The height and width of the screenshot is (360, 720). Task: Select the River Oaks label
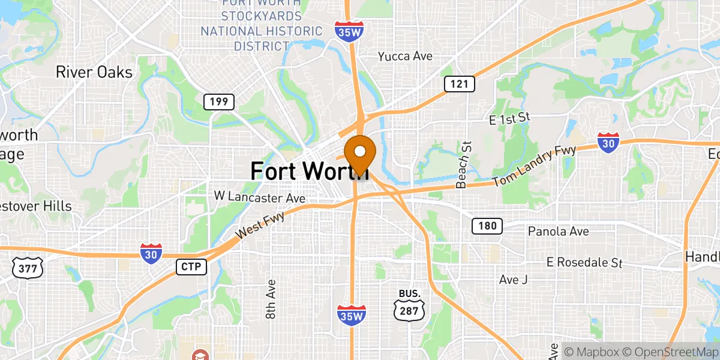(x=94, y=72)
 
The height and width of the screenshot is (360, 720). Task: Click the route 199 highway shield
(x=218, y=101)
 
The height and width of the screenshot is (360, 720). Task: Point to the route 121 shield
(x=459, y=84)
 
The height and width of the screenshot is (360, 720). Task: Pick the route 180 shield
(x=487, y=226)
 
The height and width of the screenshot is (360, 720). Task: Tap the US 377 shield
(x=28, y=268)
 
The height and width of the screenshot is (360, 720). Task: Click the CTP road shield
(x=191, y=266)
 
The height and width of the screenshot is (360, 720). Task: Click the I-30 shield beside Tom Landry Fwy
(x=608, y=142)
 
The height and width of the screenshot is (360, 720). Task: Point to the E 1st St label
(x=510, y=119)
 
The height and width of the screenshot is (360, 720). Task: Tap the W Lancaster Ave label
(x=260, y=197)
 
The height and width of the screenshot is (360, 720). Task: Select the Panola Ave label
(x=558, y=231)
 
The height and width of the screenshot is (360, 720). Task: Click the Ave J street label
(x=513, y=279)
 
